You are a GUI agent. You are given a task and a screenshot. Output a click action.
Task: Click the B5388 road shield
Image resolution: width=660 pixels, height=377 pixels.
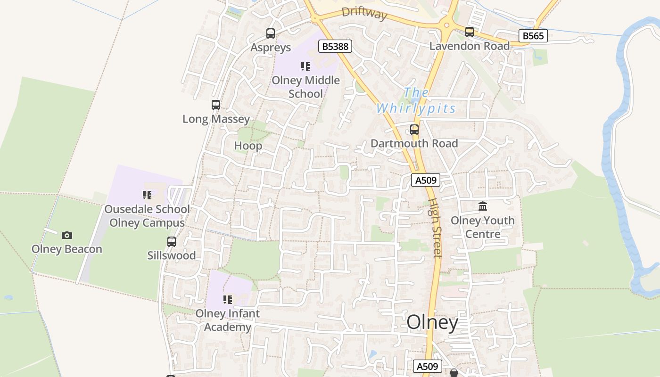click(335, 46)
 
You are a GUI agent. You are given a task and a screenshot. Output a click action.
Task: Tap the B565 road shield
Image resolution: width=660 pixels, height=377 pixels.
click(533, 35)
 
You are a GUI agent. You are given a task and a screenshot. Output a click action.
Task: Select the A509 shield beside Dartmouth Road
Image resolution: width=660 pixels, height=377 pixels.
click(425, 180)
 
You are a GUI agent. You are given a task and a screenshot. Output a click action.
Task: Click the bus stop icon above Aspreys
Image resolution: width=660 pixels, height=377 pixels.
click(271, 33)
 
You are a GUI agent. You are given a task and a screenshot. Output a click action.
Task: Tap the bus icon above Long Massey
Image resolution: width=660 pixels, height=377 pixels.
click(216, 105)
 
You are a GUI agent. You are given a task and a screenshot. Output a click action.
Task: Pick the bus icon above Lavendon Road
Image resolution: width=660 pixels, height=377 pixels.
click(470, 32)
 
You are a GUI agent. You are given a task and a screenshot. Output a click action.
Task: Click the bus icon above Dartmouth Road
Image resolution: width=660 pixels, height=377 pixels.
click(414, 129)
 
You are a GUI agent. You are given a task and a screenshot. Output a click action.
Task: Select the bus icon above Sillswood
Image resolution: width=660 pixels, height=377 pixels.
click(172, 242)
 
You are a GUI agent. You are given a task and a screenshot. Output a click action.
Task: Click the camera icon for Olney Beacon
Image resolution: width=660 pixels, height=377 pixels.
click(67, 235)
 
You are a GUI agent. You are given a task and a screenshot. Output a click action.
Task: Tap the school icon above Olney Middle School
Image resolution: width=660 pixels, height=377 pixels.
click(305, 66)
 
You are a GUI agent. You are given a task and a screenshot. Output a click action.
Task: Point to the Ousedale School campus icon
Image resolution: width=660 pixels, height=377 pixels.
click(147, 195)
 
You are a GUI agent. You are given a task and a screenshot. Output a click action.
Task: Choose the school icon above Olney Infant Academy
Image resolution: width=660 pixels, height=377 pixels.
click(228, 300)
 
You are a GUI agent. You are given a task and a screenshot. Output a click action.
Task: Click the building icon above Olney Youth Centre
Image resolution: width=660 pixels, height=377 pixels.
click(483, 206)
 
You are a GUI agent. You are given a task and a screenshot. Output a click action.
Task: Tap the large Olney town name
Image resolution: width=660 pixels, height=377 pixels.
click(432, 323)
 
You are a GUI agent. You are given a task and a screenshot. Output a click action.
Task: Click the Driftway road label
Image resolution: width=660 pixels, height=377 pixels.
click(364, 13)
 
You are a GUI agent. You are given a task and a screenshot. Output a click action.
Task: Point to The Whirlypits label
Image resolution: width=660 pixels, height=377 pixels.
click(416, 100)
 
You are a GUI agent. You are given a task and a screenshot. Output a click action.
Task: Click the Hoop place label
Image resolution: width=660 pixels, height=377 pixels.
click(248, 146)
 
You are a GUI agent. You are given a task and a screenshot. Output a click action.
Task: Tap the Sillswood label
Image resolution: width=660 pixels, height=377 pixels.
click(172, 255)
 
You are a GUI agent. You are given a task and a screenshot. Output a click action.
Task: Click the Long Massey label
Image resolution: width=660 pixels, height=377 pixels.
click(216, 119)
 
